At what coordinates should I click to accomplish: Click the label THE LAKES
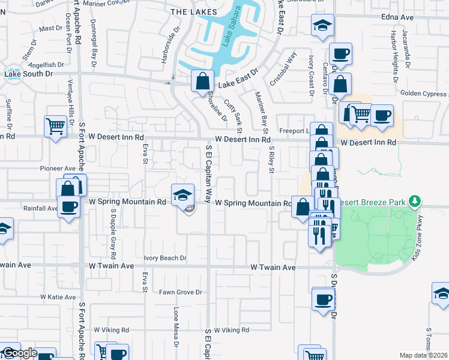pyautogui.click(x=187, y=11)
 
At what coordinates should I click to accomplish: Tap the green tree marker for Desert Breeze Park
pyautogui.click(x=414, y=200)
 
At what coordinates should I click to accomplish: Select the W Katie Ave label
pyautogui.click(x=58, y=296)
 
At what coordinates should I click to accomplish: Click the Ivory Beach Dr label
pyautogui.click(x=165, y=258)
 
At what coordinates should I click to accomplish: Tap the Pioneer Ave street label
pyautogui.click(x=58, y=169)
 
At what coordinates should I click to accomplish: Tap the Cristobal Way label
pyautogui.click(x=283, y=68)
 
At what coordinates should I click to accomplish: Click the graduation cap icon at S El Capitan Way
pyautogui.click(x=183, y=194)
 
